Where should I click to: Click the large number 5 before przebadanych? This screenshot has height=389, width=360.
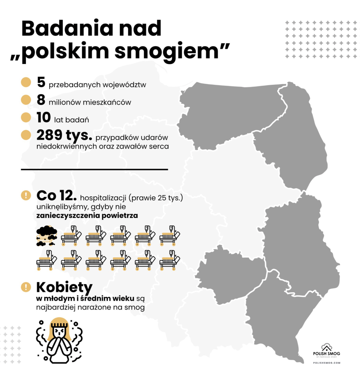point(41,82)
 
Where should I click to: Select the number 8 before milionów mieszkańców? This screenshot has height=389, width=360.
point(41,100)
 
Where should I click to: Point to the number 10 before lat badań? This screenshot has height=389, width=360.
point(44,117)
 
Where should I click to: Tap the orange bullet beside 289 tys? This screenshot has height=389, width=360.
point(26,135)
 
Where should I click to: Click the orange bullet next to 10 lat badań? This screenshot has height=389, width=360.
point(26,117)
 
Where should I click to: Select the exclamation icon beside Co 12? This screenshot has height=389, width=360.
point(26,195)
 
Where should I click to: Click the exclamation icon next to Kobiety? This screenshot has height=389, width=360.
point(26,287)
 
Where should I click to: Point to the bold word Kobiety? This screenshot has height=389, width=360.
point(64,287)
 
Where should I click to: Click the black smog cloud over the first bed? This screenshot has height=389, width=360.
point(47,232)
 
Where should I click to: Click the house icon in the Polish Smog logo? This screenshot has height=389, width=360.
point(327,347)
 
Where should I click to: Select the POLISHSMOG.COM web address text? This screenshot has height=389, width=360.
point(327,363)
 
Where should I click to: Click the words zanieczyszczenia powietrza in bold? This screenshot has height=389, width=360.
point(87,216)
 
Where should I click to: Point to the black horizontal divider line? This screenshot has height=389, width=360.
point(94,169)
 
